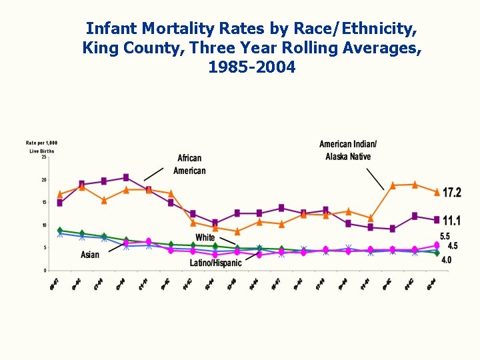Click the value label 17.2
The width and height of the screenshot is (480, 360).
[x=452, y=193]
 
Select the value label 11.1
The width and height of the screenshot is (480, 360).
[x=452, y=221]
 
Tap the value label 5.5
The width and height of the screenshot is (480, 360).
[x=445, y=237]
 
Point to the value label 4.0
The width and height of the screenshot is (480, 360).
[x=445, y=260]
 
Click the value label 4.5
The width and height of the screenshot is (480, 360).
[x=452, y=247]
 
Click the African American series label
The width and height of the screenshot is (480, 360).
[x=189, y=165]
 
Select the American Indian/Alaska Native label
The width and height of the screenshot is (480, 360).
[x=348, y=150]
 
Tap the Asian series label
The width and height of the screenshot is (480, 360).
[x=90, y=255]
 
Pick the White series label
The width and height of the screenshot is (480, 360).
[x=205, y=238]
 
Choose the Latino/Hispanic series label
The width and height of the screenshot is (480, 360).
[x=215, y=263]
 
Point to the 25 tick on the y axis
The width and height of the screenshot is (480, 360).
[x=44, y=157]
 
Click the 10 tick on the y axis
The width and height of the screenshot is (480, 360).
[x=44, y=225]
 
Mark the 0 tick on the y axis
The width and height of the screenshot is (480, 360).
[x=45, y=271]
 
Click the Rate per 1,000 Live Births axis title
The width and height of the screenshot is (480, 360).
[x=41, y=147]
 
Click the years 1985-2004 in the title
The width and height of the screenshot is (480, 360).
[x=251, y=67]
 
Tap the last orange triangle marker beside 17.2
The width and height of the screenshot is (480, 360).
[x=437, y=192]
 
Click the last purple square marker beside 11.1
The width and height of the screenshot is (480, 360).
[x=437, y=219]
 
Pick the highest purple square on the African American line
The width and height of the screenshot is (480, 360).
[x=126, y=177]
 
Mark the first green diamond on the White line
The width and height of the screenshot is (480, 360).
[x=60, y=230]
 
